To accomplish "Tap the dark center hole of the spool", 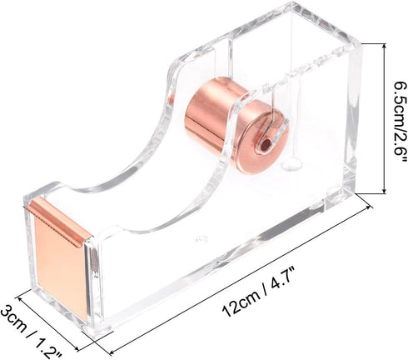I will pos(265,144).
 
